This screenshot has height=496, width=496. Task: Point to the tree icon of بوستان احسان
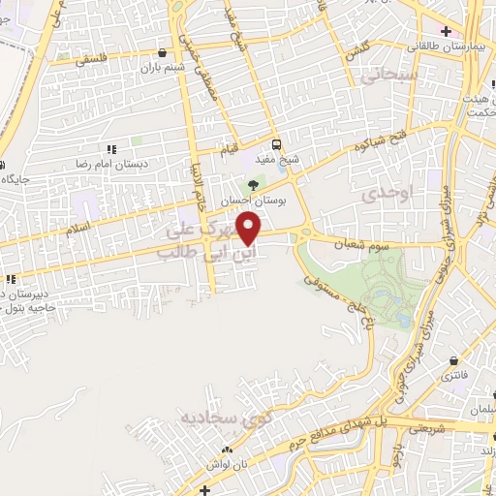pos(253,183)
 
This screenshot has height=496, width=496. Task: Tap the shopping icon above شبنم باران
pos(161,54)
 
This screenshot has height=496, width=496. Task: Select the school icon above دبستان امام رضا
pos(111,149)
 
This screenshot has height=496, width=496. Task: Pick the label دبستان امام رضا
pos(111,165)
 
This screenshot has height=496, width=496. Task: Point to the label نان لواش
pos(232,464)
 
